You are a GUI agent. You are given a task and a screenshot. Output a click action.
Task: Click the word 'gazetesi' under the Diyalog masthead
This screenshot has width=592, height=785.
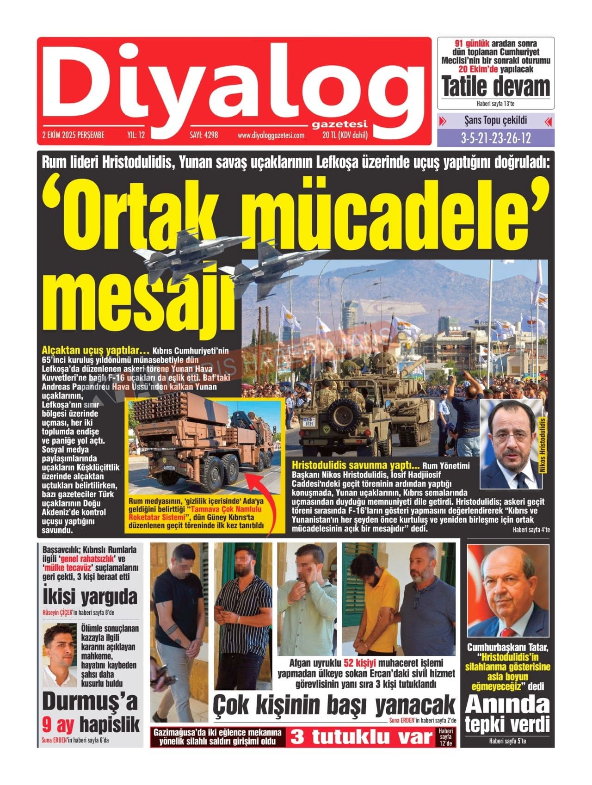[x=339, y=125]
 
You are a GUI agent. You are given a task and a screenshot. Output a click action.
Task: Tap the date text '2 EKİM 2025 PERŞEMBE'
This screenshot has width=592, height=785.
[x=73, y=136]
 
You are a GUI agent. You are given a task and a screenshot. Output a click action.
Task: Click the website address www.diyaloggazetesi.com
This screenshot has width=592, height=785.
[x=271, y=136]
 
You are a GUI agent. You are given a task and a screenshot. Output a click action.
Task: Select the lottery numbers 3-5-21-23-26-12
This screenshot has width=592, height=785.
[x=496, y=138]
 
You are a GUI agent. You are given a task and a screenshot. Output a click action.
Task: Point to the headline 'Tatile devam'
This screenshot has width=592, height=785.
[x=496, y=87]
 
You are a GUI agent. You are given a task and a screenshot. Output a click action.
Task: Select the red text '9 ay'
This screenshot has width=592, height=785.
[x=58, y=724]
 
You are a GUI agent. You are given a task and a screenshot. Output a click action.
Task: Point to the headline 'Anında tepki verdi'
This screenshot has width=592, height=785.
[x=508, y=715]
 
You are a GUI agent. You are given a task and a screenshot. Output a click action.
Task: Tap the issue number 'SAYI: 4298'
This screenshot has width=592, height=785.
[x=203, y=136]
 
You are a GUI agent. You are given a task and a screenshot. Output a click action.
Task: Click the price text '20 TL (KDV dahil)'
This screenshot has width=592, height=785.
[x=345, y=136]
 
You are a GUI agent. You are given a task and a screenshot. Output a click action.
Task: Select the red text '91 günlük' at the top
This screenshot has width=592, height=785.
[x=469, y=44]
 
